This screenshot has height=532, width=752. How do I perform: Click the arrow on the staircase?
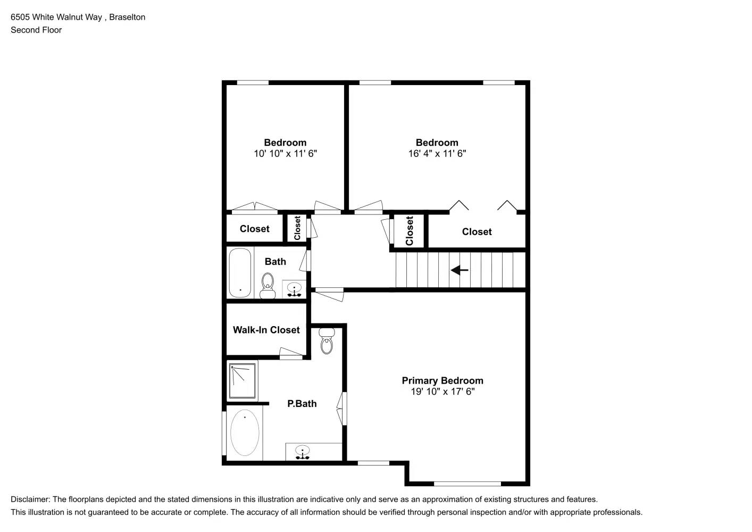(x=459, y=270)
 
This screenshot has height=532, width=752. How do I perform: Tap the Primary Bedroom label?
(x=442, y=380)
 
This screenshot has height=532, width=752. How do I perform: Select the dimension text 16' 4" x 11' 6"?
(x=437, y=154)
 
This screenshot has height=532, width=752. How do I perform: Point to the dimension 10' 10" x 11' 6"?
(x=285, y=154)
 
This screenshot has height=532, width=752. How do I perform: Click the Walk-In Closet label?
(x=266, y=330)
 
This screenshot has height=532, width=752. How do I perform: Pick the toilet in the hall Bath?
(x=267, y=286)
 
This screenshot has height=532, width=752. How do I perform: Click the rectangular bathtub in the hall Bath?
(x=240, y=273)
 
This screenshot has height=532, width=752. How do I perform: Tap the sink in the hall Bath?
(x=294, y=289)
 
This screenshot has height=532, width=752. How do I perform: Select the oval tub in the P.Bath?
(x=245, y=433)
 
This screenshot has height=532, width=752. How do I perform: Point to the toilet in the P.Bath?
(x=327, y=340)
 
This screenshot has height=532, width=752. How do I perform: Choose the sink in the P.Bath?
(x=303, y=452)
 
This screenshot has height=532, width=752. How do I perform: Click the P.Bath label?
(x=302, y=404)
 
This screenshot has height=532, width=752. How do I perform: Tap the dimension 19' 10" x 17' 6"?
(x=442, y=392)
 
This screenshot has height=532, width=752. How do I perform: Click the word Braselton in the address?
(x=127, y=17)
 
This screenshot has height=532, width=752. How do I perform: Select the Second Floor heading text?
(x=36, y=30)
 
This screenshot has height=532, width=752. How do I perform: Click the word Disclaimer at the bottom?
(x=30, y=500)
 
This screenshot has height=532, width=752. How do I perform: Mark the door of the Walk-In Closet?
(x=291, y=353)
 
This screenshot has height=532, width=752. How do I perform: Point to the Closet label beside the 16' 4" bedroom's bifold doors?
(x=477, y=232)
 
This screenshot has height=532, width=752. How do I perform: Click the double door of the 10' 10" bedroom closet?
(x=255, y=207)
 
